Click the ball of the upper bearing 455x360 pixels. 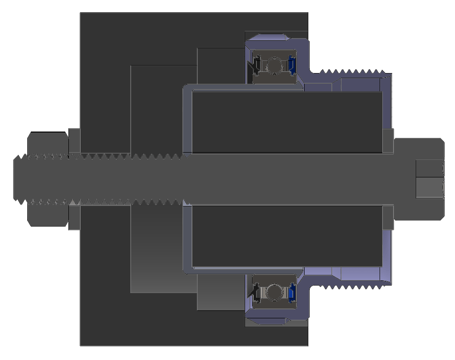pyautogui.click(x=273, y=66)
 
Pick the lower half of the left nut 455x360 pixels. pyautogui.click(x=48, y=216)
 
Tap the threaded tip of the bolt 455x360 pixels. pyautogui.click(x=19, y=179)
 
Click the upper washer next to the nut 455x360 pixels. pyautogui.click(x=74, y=140)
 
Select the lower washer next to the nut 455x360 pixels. pyautogui.click(x=74, y=218)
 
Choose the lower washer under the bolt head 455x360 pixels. pyautogui.click(x=388, y=217)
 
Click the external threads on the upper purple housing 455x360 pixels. pyautogui.click(x=351, y=73)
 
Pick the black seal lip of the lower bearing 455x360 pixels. pyautogui.click(x=256, y=292)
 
